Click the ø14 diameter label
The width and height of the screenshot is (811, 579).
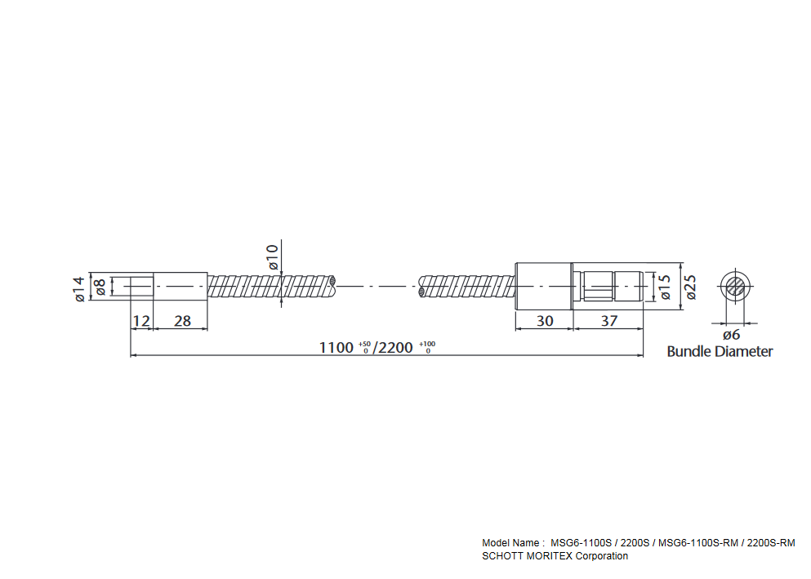pyautogui.click(x=78, y=289)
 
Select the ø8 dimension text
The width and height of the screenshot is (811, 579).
pyautogui.click(x=100, y=287)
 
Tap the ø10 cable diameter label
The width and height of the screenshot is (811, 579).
pyautogui.click(x=273, y=257)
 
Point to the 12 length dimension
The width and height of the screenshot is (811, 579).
pyautogui.click(x=140, y=321)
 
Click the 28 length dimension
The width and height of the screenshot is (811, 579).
pyautogui.click(x=183, y=321)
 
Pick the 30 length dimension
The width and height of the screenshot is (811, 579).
pyautogui.click(x=545, y=321)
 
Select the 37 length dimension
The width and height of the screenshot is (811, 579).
pyautogui.click(x=609, y=321)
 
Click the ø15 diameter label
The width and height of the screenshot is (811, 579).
pyautogui.click(x=665, y=287)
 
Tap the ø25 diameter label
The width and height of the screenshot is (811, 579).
pyautogui.click(x=690, y=287)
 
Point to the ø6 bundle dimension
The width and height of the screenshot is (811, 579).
pyautogui.click(x=731, y=335)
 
